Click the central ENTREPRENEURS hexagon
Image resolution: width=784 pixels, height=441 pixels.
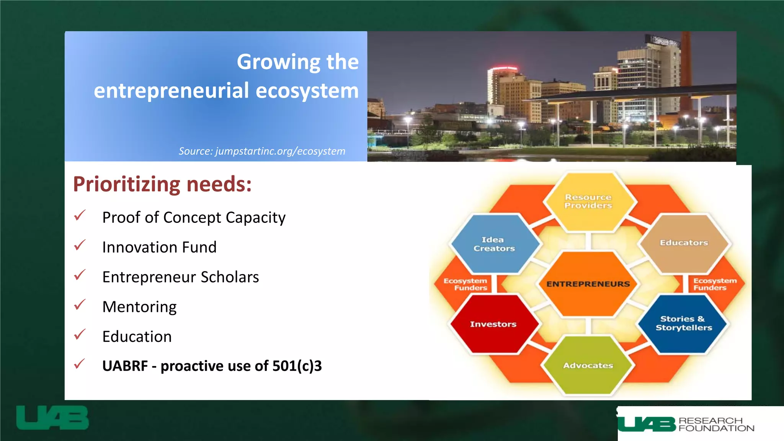588,284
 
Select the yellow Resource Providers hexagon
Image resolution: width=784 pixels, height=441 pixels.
588,201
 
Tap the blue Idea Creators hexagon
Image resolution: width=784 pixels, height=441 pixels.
494,244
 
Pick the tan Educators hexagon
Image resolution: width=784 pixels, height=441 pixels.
684,243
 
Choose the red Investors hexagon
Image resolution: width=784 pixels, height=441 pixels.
493,324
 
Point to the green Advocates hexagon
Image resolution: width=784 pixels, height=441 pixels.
588,366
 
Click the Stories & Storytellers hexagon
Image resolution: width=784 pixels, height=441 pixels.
684,323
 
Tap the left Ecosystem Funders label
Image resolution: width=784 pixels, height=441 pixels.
466,284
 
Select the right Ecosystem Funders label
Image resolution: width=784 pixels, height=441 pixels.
714,284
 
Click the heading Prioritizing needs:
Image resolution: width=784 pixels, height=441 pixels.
162,185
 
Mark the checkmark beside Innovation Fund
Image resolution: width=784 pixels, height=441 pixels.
80,245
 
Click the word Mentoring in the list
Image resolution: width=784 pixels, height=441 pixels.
139,307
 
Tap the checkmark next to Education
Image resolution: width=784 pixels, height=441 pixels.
80,335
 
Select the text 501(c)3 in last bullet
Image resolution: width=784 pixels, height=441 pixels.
297,366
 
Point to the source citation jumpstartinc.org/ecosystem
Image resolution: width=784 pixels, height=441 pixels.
262,151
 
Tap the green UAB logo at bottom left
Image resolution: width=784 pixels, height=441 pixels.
52,418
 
